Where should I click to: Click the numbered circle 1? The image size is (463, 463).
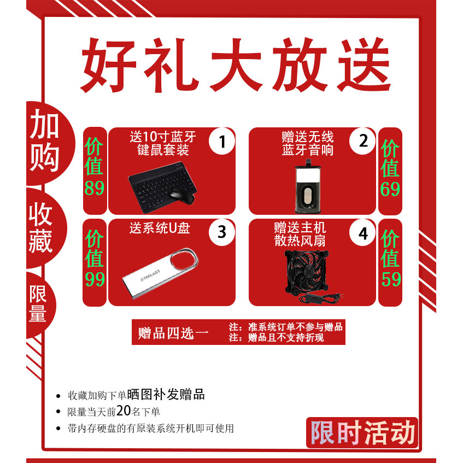click(222, 142)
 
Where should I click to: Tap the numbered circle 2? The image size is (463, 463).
click(364, 142)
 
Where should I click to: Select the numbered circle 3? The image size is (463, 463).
click(222, 232)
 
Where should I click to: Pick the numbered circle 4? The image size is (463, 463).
click(364, 233)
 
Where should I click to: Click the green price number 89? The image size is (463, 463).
click(95, 189)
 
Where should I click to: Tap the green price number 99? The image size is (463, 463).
click(95, 279)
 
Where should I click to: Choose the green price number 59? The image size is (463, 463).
click(390, 279)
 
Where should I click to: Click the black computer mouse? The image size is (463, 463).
click(180, 196)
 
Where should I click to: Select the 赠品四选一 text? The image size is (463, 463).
click(174, 333)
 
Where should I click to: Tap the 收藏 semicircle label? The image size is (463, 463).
click(42, 230)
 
